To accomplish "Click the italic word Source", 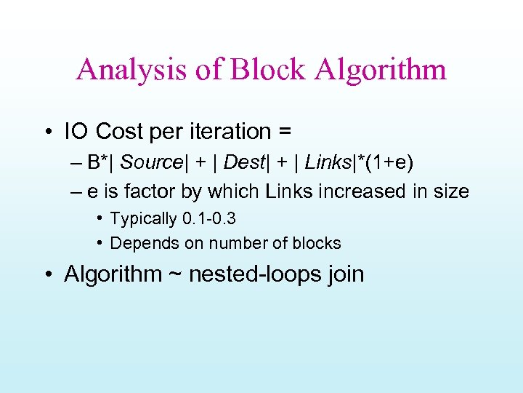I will click(x=151, y=162).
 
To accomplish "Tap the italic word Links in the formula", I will click(x=326, y=162).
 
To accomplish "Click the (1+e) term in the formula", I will click(x=391, y=162).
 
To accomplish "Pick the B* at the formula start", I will click(x=98, y=162).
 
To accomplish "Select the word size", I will click(x=451, y=192).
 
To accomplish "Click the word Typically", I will click(x=143, y=219).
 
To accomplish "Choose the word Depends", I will click(x=139, y=243).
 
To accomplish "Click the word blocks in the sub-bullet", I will click(x=317, y=243).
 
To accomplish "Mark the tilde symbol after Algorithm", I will click(x=174, y=275).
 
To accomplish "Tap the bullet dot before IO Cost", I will click(x=47, y=132).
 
